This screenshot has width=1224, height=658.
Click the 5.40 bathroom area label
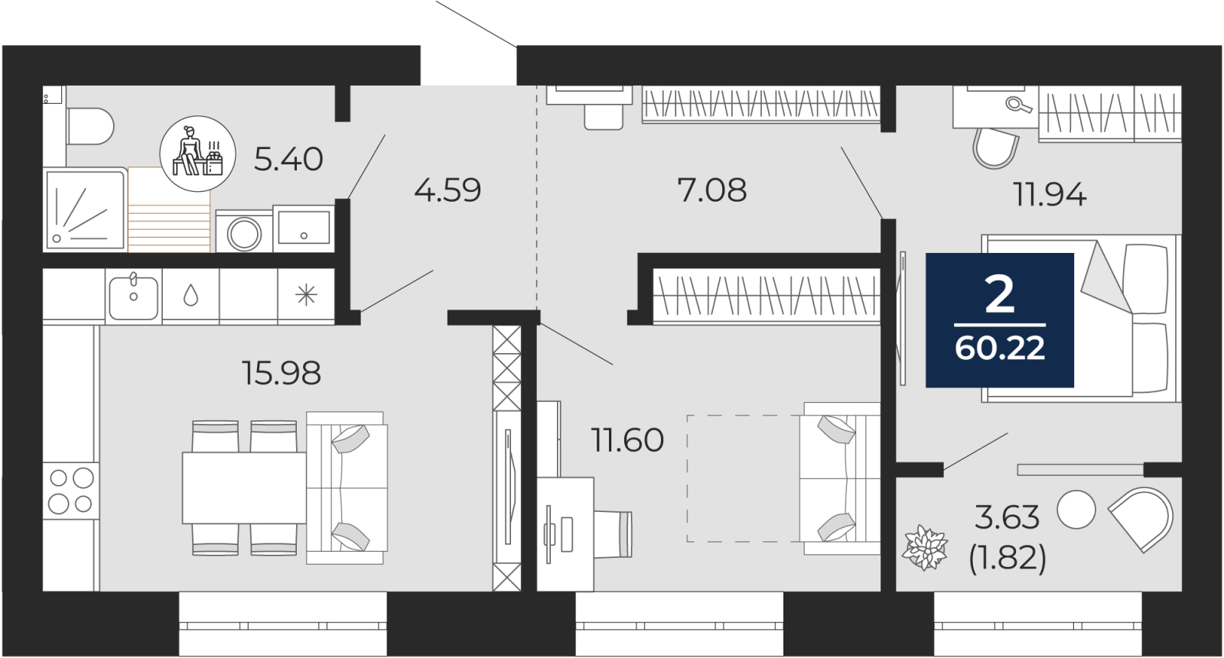[288, 160]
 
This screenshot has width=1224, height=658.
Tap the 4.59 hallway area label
[448, 190]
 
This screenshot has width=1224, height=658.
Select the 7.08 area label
[711, 190]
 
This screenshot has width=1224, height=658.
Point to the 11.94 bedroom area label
[1050, 194]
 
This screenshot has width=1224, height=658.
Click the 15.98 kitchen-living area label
[282, 374]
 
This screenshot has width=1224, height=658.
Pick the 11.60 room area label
[627, 440]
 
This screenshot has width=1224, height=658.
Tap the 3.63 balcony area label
[1007, 517]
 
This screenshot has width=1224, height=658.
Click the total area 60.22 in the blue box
[1000, 348]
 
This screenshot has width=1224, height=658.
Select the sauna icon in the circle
[198, 154]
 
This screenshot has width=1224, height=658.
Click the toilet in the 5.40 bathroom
[90, 126]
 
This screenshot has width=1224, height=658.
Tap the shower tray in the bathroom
[85, 210]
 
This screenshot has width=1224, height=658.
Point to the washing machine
[244, 232]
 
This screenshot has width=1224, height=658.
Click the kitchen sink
[133, 297]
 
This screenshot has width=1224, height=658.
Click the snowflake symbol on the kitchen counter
[306, 296]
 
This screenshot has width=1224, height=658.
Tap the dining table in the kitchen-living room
[244, 488]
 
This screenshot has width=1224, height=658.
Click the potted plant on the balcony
[925, 548]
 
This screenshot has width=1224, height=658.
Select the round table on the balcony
[1076, 510]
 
